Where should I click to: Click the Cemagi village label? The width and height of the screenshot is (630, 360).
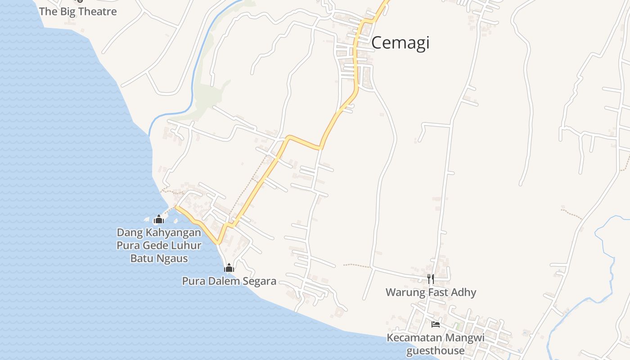pos(400,43)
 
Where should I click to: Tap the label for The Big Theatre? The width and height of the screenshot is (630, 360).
pos(78,11)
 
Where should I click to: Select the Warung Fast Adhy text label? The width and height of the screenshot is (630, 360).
pos(431,292)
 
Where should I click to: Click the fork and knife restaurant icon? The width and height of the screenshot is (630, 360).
pos(431,279)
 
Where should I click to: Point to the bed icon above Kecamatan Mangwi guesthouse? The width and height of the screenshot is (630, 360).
pos(435,324)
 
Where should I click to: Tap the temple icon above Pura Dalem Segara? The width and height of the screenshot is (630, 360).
pos(229,268)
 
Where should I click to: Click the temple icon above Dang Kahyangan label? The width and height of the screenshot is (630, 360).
pos(158,220)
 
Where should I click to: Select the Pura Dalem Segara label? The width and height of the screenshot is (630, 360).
pos(229,281)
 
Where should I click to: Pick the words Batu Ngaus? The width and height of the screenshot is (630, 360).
pos(159,258)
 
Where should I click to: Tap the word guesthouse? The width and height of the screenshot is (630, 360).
pos(435,351)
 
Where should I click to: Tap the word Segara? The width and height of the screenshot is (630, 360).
pos(259,281)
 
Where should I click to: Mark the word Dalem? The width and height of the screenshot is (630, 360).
pos(225,281)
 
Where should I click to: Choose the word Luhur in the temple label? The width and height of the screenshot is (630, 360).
pos(186,246)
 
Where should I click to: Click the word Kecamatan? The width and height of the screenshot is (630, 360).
pos(415,338)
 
